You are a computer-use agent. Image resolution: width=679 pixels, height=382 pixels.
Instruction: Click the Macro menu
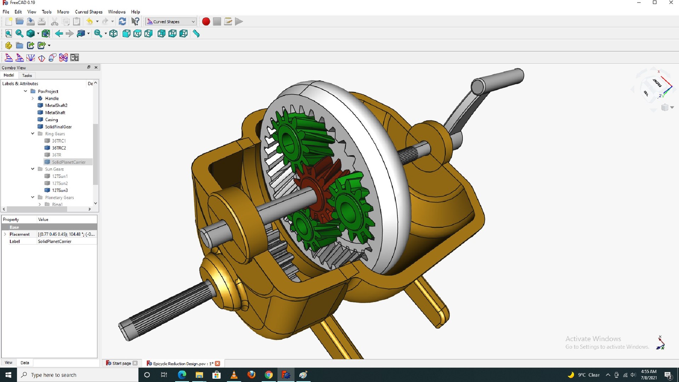[x=63, y=12]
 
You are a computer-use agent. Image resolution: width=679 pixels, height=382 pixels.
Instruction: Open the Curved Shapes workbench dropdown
[x=171, y=22]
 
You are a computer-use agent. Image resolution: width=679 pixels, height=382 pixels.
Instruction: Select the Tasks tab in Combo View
[x=27, y=75]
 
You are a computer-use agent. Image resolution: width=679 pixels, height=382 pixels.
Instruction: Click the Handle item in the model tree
[x=52, y=98]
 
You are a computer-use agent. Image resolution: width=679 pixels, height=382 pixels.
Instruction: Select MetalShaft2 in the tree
[x=56, y=105]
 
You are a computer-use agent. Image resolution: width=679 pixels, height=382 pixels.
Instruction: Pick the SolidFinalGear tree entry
[x=58, y=127]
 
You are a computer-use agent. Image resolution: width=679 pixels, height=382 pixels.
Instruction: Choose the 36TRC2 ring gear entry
[x=59, y=148]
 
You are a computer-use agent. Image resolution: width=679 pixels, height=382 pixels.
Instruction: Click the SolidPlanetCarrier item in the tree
[x=69, y=162]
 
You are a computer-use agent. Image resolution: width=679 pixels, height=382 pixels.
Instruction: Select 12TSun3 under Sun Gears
[x=60, y=190]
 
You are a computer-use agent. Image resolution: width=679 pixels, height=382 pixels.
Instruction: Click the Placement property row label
[x=19, y=234]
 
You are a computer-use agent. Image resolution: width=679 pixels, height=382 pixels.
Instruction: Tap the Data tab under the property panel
[x=25, y=363]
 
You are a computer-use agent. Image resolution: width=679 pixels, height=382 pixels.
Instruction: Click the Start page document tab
[x=121, y=363]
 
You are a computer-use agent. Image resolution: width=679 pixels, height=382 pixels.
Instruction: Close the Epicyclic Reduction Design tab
[x=218, y=363]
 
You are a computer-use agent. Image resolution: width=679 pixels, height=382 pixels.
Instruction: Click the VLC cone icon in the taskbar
[x=234, y=375]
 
